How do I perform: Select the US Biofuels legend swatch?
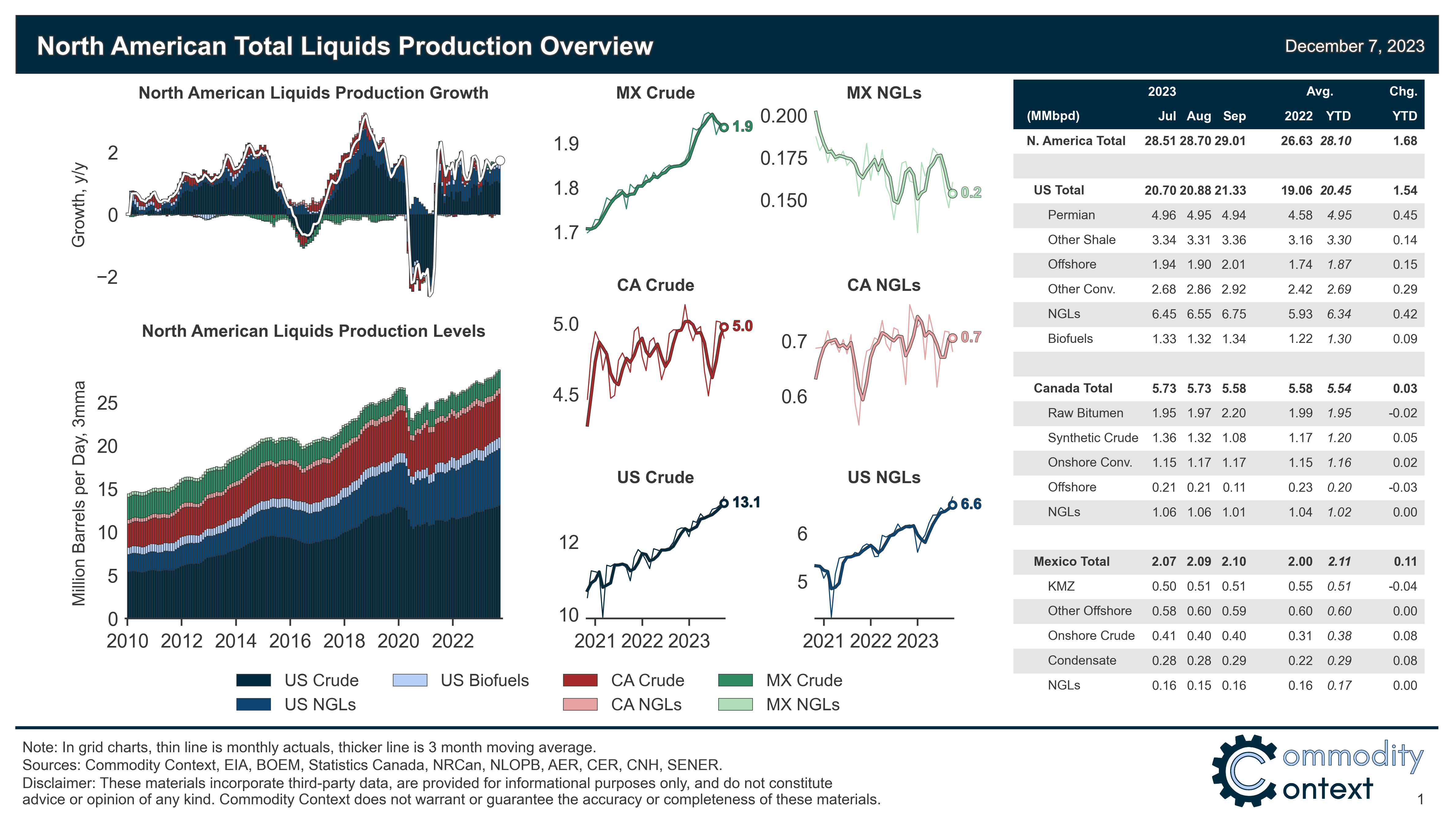[x=410, y=680]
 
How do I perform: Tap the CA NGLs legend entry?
[x=646, y=704]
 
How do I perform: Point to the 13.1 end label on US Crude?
[x=746, y=502]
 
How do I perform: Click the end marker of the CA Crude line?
[x=724, y=327]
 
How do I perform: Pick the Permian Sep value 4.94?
[x=1234, y=215]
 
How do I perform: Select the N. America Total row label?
[x=1076, y=141]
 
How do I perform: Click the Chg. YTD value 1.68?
[x=1405, y=141]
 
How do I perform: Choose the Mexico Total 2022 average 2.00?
[x=1300, y=561]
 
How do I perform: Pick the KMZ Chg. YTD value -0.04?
[x=1402, y=586]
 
